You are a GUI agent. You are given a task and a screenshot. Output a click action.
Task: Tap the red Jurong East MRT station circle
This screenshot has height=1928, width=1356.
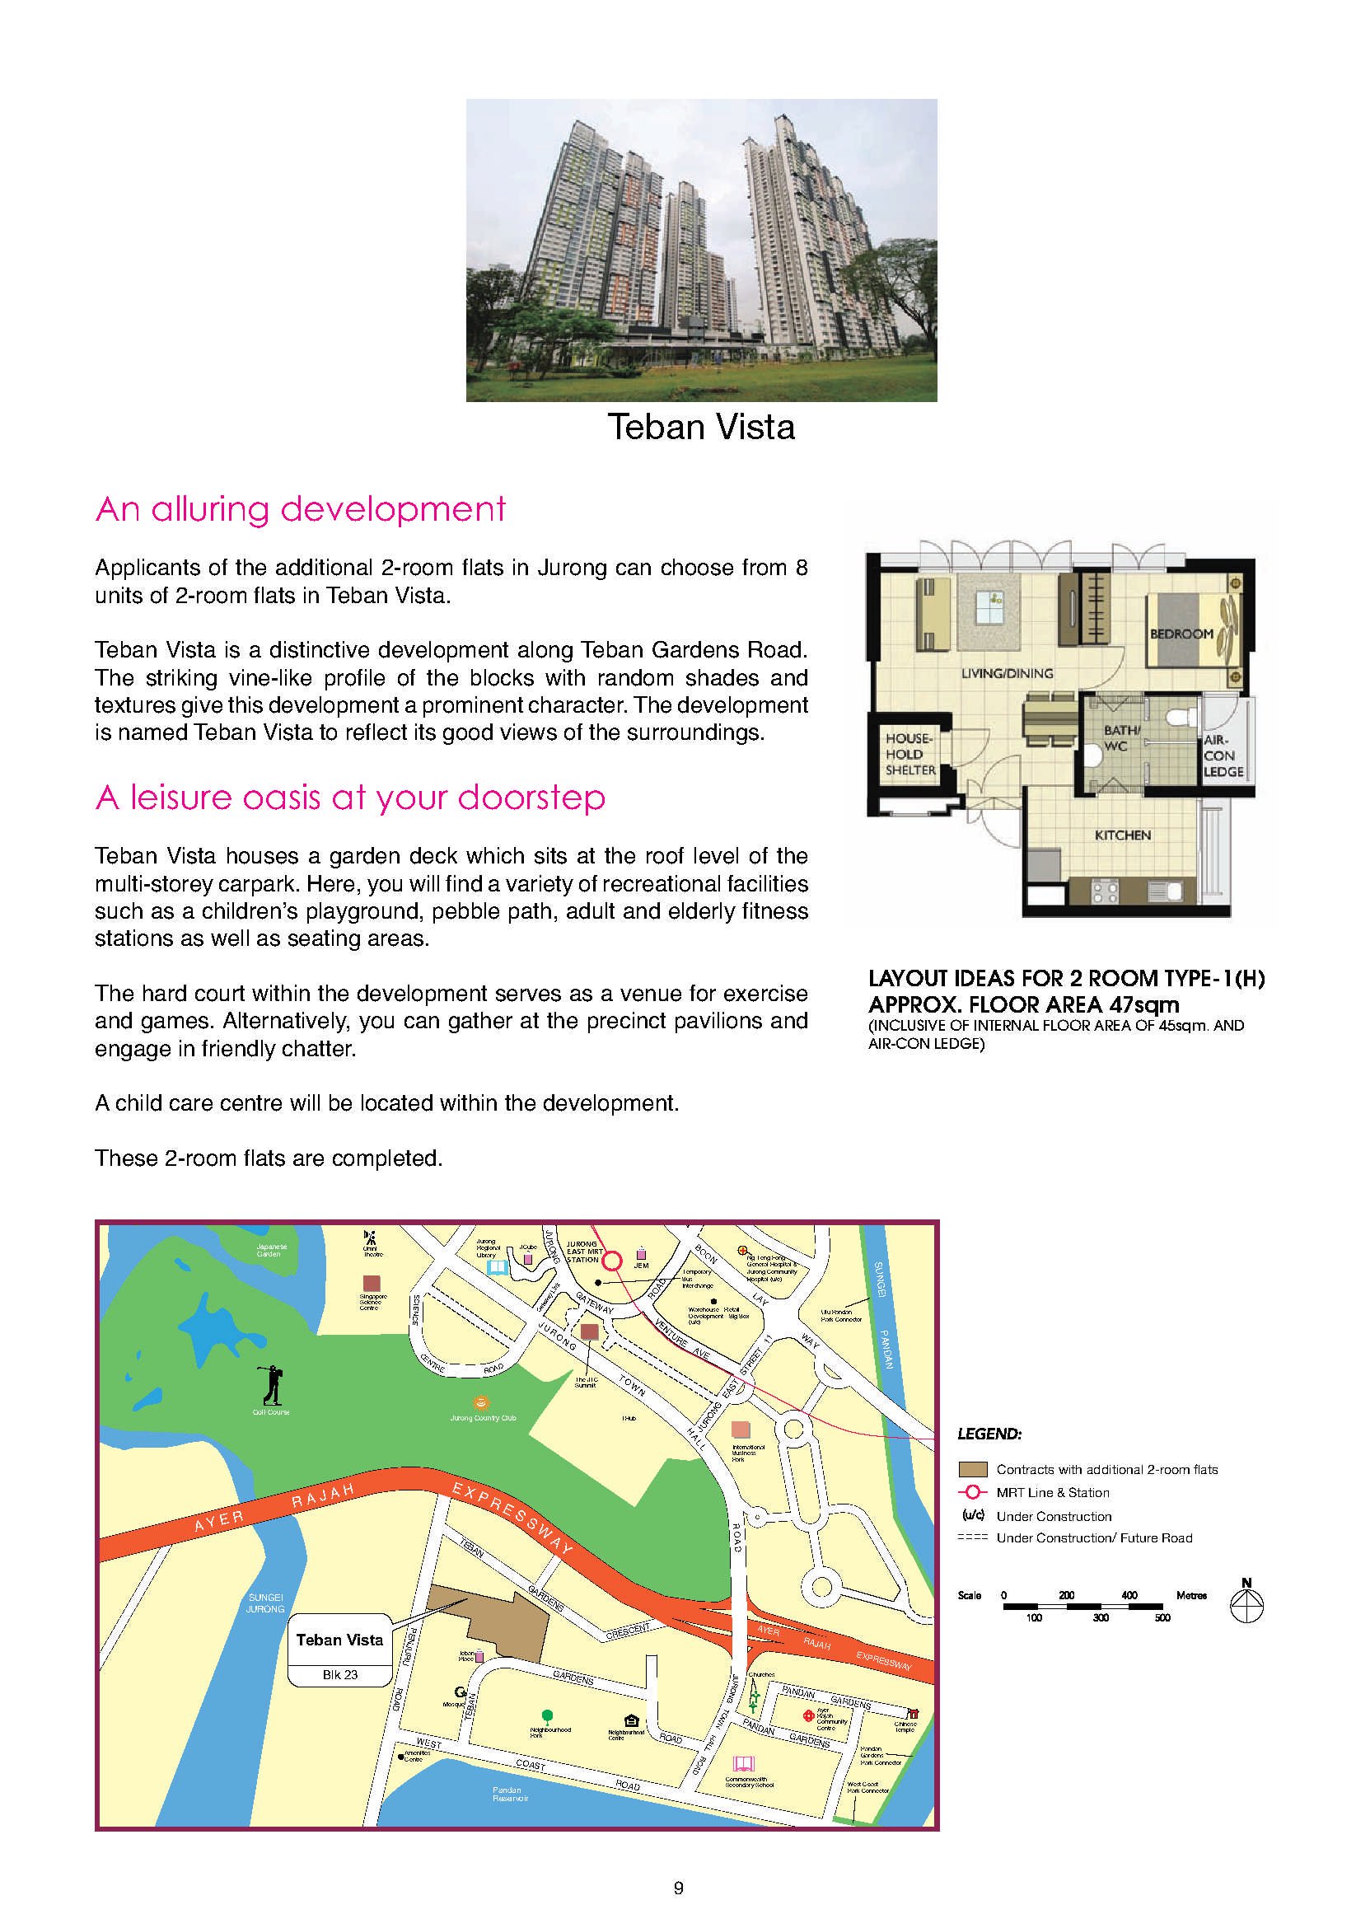point(612,1261)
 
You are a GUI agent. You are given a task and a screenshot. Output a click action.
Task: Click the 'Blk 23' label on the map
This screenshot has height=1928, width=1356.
point(339,1674)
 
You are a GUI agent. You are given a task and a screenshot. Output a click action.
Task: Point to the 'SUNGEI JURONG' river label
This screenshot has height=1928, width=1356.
point(265,1603)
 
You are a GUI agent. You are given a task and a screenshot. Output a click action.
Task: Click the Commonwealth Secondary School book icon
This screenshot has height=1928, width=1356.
point(744,1762)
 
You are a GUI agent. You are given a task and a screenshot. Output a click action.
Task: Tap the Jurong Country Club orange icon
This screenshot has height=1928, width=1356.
point(481,1402)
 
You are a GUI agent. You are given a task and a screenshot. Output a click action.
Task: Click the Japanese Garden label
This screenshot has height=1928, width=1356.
point(271,1251)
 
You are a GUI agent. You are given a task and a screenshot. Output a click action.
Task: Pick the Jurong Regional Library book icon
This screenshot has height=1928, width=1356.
point(498,1266)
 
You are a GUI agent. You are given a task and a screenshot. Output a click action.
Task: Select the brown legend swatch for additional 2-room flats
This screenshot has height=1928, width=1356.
point(972,1470)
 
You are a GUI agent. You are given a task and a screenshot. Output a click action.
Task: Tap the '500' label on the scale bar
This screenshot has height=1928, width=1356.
point(1162,1617)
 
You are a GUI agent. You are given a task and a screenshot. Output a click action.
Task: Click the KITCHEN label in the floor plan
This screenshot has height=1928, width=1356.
point(1122,835)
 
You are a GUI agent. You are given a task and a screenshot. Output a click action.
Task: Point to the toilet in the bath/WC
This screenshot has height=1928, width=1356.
point(1183,715)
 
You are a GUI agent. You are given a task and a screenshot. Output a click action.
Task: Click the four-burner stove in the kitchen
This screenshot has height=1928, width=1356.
point(1104,891)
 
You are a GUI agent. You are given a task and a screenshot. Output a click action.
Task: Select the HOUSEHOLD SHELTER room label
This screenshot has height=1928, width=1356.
point(910,754)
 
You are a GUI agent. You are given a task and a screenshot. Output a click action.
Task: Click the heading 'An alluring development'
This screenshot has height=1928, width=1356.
point(301,509)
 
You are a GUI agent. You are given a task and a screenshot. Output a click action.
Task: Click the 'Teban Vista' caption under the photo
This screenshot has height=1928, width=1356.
point(701,427)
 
